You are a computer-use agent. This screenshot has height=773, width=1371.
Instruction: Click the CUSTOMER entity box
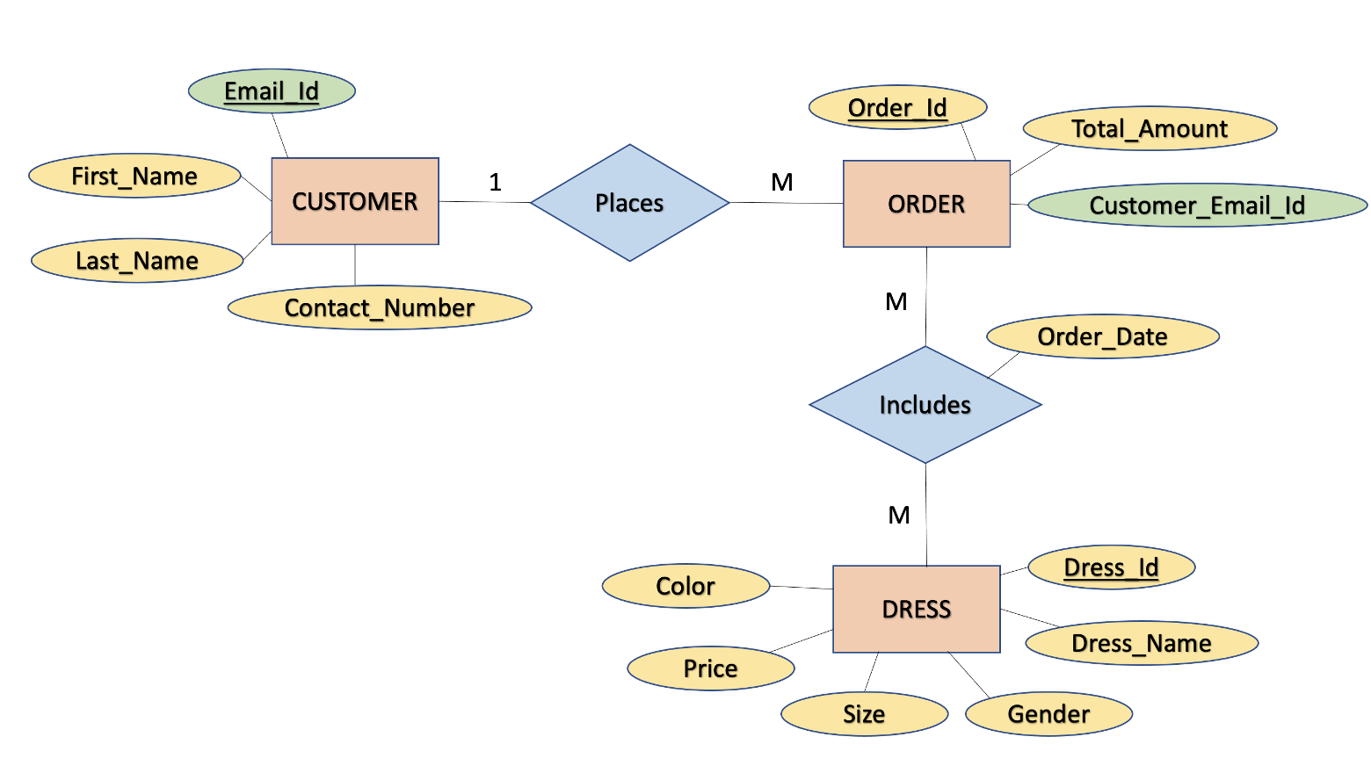coord(355,201)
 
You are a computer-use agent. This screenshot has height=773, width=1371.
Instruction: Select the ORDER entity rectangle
coord(926,204)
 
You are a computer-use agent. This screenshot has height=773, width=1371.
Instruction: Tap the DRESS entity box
coord(917,609)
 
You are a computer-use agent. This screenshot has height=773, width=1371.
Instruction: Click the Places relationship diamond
coord(630,202)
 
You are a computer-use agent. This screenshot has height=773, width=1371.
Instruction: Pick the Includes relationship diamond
coord(925,404)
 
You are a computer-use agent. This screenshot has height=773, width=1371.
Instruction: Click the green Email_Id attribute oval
coord(272,91)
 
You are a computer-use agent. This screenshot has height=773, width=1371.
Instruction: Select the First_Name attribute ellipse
coord(134,176)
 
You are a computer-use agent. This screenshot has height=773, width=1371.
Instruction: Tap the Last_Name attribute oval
coord(137,261)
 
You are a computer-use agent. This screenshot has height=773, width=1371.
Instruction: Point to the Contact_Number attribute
coord(380,307)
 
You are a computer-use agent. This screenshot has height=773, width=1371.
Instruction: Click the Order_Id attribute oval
coord(898,108)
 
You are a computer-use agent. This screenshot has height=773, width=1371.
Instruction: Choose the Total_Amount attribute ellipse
coord(1150,128)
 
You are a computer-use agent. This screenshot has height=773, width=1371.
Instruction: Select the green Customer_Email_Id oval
coord(1198,205)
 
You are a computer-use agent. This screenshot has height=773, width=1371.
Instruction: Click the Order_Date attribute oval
coord(1103,336)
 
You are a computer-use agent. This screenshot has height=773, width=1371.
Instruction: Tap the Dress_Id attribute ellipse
coord(1112,567)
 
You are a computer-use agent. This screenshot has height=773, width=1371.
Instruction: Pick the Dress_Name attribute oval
coord(1142,643)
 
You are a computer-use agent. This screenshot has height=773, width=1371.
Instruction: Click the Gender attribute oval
coord(1049,713)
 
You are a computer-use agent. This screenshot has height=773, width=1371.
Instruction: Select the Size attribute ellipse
coord(864,713)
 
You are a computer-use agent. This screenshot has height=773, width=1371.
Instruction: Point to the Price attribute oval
coord(711,668)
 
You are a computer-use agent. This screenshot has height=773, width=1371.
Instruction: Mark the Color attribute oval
coord(685,586)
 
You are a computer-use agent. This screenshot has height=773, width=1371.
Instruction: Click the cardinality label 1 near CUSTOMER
coord(495,182)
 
